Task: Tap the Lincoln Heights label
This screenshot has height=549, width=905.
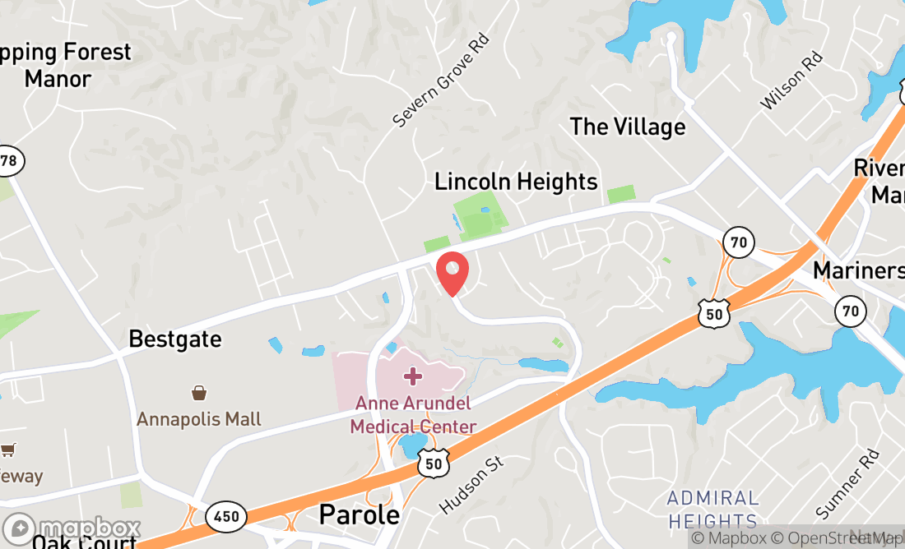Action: click(516, 181)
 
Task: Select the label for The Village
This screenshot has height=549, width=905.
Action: click(628, 127)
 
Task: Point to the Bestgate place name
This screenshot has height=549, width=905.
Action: click(175, 339)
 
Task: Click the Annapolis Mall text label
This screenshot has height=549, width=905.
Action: click(199, 419)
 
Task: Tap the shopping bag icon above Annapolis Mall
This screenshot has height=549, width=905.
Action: click(198, 393)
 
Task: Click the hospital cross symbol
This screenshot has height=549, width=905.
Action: click(413, 376)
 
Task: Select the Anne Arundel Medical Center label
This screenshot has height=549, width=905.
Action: click(413, 415)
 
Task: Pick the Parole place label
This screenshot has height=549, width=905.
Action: click(359, 514)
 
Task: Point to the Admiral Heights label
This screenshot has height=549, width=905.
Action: click(712, 510)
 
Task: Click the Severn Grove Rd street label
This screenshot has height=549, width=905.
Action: click(440, 81)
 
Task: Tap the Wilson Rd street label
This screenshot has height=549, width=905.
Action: click(791, 81)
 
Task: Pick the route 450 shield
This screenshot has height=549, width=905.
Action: click(225, 517)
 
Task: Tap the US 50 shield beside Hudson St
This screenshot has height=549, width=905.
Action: click(433, 463)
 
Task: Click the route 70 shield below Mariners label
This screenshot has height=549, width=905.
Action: click(851, 310)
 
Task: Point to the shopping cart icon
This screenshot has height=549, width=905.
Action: click(8, 450)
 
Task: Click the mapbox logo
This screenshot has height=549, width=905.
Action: click(72, 528)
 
